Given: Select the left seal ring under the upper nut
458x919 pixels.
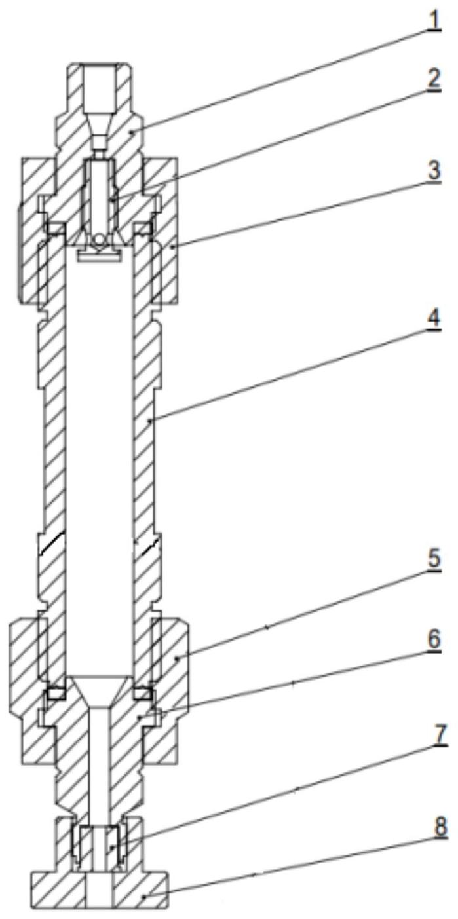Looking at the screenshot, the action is pos(54,229).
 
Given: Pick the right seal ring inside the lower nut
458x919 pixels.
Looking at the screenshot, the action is pos(142,692).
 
